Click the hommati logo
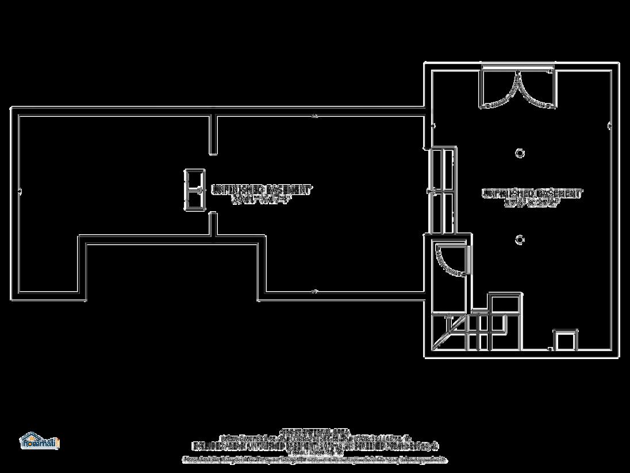(x=39, y=441)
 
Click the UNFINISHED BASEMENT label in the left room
(x=262, y=189)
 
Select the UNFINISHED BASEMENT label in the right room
(x=532, y=193)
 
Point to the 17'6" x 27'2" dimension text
(x=532, y=203)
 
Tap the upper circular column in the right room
(x=520, y=152)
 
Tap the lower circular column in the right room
(x=520, y=239)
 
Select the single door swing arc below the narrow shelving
(x=452, y=260)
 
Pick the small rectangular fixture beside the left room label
(x=193, y=189)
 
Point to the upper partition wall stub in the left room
(x=213, y=134)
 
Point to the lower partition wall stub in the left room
(x=213, y=224)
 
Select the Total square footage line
(x=315, y=452)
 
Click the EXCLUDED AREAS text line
(x=315, y=445)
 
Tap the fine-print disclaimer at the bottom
(x=315, y=459)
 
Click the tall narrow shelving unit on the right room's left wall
(x=443, y=190)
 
